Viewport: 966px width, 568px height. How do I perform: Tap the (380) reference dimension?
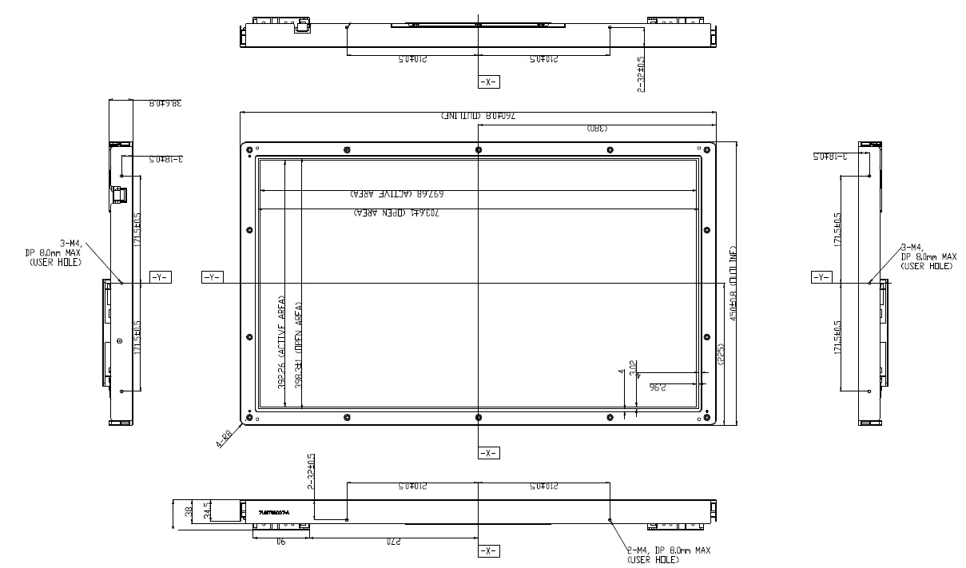(x=598, y=128)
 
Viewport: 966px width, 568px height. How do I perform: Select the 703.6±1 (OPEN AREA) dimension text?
(x=396, y=213)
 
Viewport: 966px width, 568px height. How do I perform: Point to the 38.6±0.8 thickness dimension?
(x=165, y=103)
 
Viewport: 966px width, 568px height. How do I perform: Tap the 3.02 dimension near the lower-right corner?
(x=634, y=368)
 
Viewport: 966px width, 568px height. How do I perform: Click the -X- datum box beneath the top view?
(x=488, y=82)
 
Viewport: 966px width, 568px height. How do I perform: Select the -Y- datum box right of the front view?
(x=821, y=277)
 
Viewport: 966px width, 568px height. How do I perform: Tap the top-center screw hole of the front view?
(x=478, y=150)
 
